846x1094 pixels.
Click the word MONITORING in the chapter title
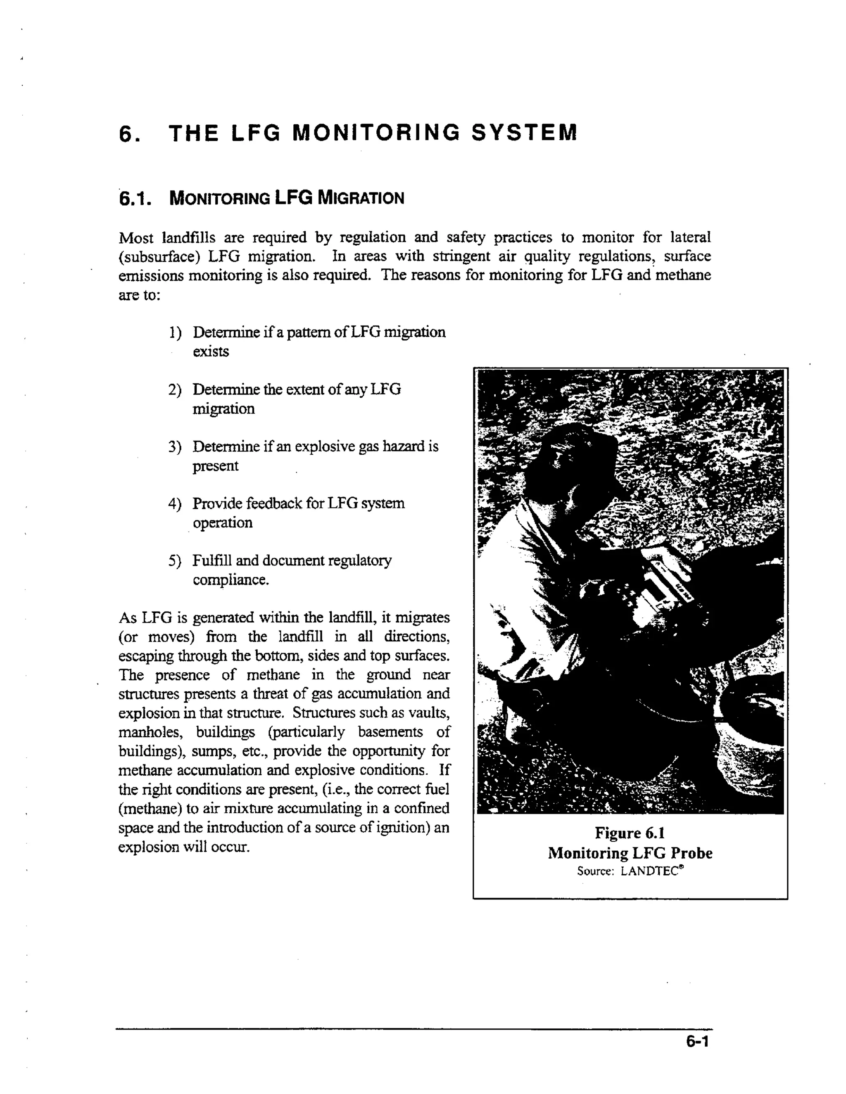pyautogui.click(x=375, y=133)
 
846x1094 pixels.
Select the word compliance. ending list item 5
pyautogui.click(x=231, y=580)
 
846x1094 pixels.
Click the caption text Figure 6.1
pyautogui.click(x=630, y=833)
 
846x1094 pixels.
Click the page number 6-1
pyautogui.click(x=697, y=1042)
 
